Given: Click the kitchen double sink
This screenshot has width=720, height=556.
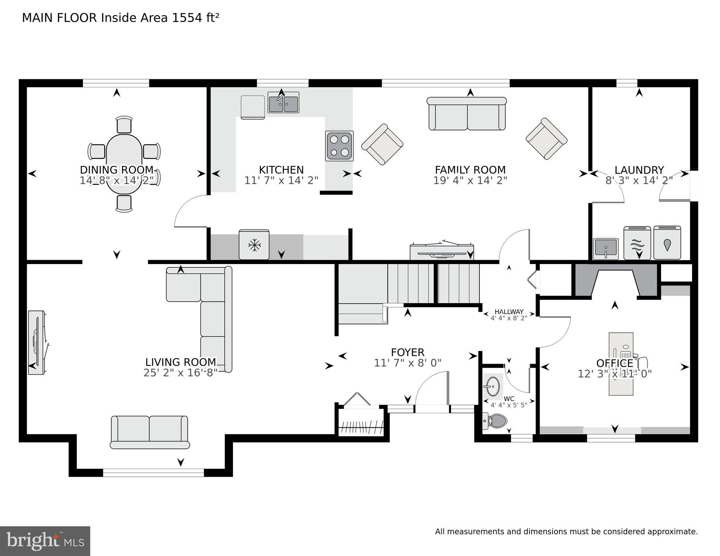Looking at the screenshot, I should coord(283,103).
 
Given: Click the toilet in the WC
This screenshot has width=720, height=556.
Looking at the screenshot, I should coord(496,421).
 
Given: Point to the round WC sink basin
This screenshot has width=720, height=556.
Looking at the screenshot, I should coord(492,386).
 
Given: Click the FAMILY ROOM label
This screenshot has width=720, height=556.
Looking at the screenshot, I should coord(470,170).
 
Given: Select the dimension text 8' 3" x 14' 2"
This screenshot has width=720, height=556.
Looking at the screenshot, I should coord(639,180).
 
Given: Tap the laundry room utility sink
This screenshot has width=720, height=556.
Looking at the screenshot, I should coord(605,248).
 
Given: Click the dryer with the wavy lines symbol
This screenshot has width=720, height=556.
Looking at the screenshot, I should coord(637,243).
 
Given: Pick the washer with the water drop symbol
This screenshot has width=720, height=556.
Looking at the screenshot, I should coord(667,243).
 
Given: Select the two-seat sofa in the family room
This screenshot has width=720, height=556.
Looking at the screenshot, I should coord(467,114).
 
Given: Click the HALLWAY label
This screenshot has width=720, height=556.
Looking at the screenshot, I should coord(509,312).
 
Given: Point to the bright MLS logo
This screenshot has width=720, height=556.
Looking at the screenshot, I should coord(45,541).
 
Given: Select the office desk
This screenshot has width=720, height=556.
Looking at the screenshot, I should coord(621,364).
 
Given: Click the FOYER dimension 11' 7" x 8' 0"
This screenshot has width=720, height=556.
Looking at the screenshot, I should coord(408,363).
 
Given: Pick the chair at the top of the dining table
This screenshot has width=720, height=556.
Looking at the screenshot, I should coord(124,125).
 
